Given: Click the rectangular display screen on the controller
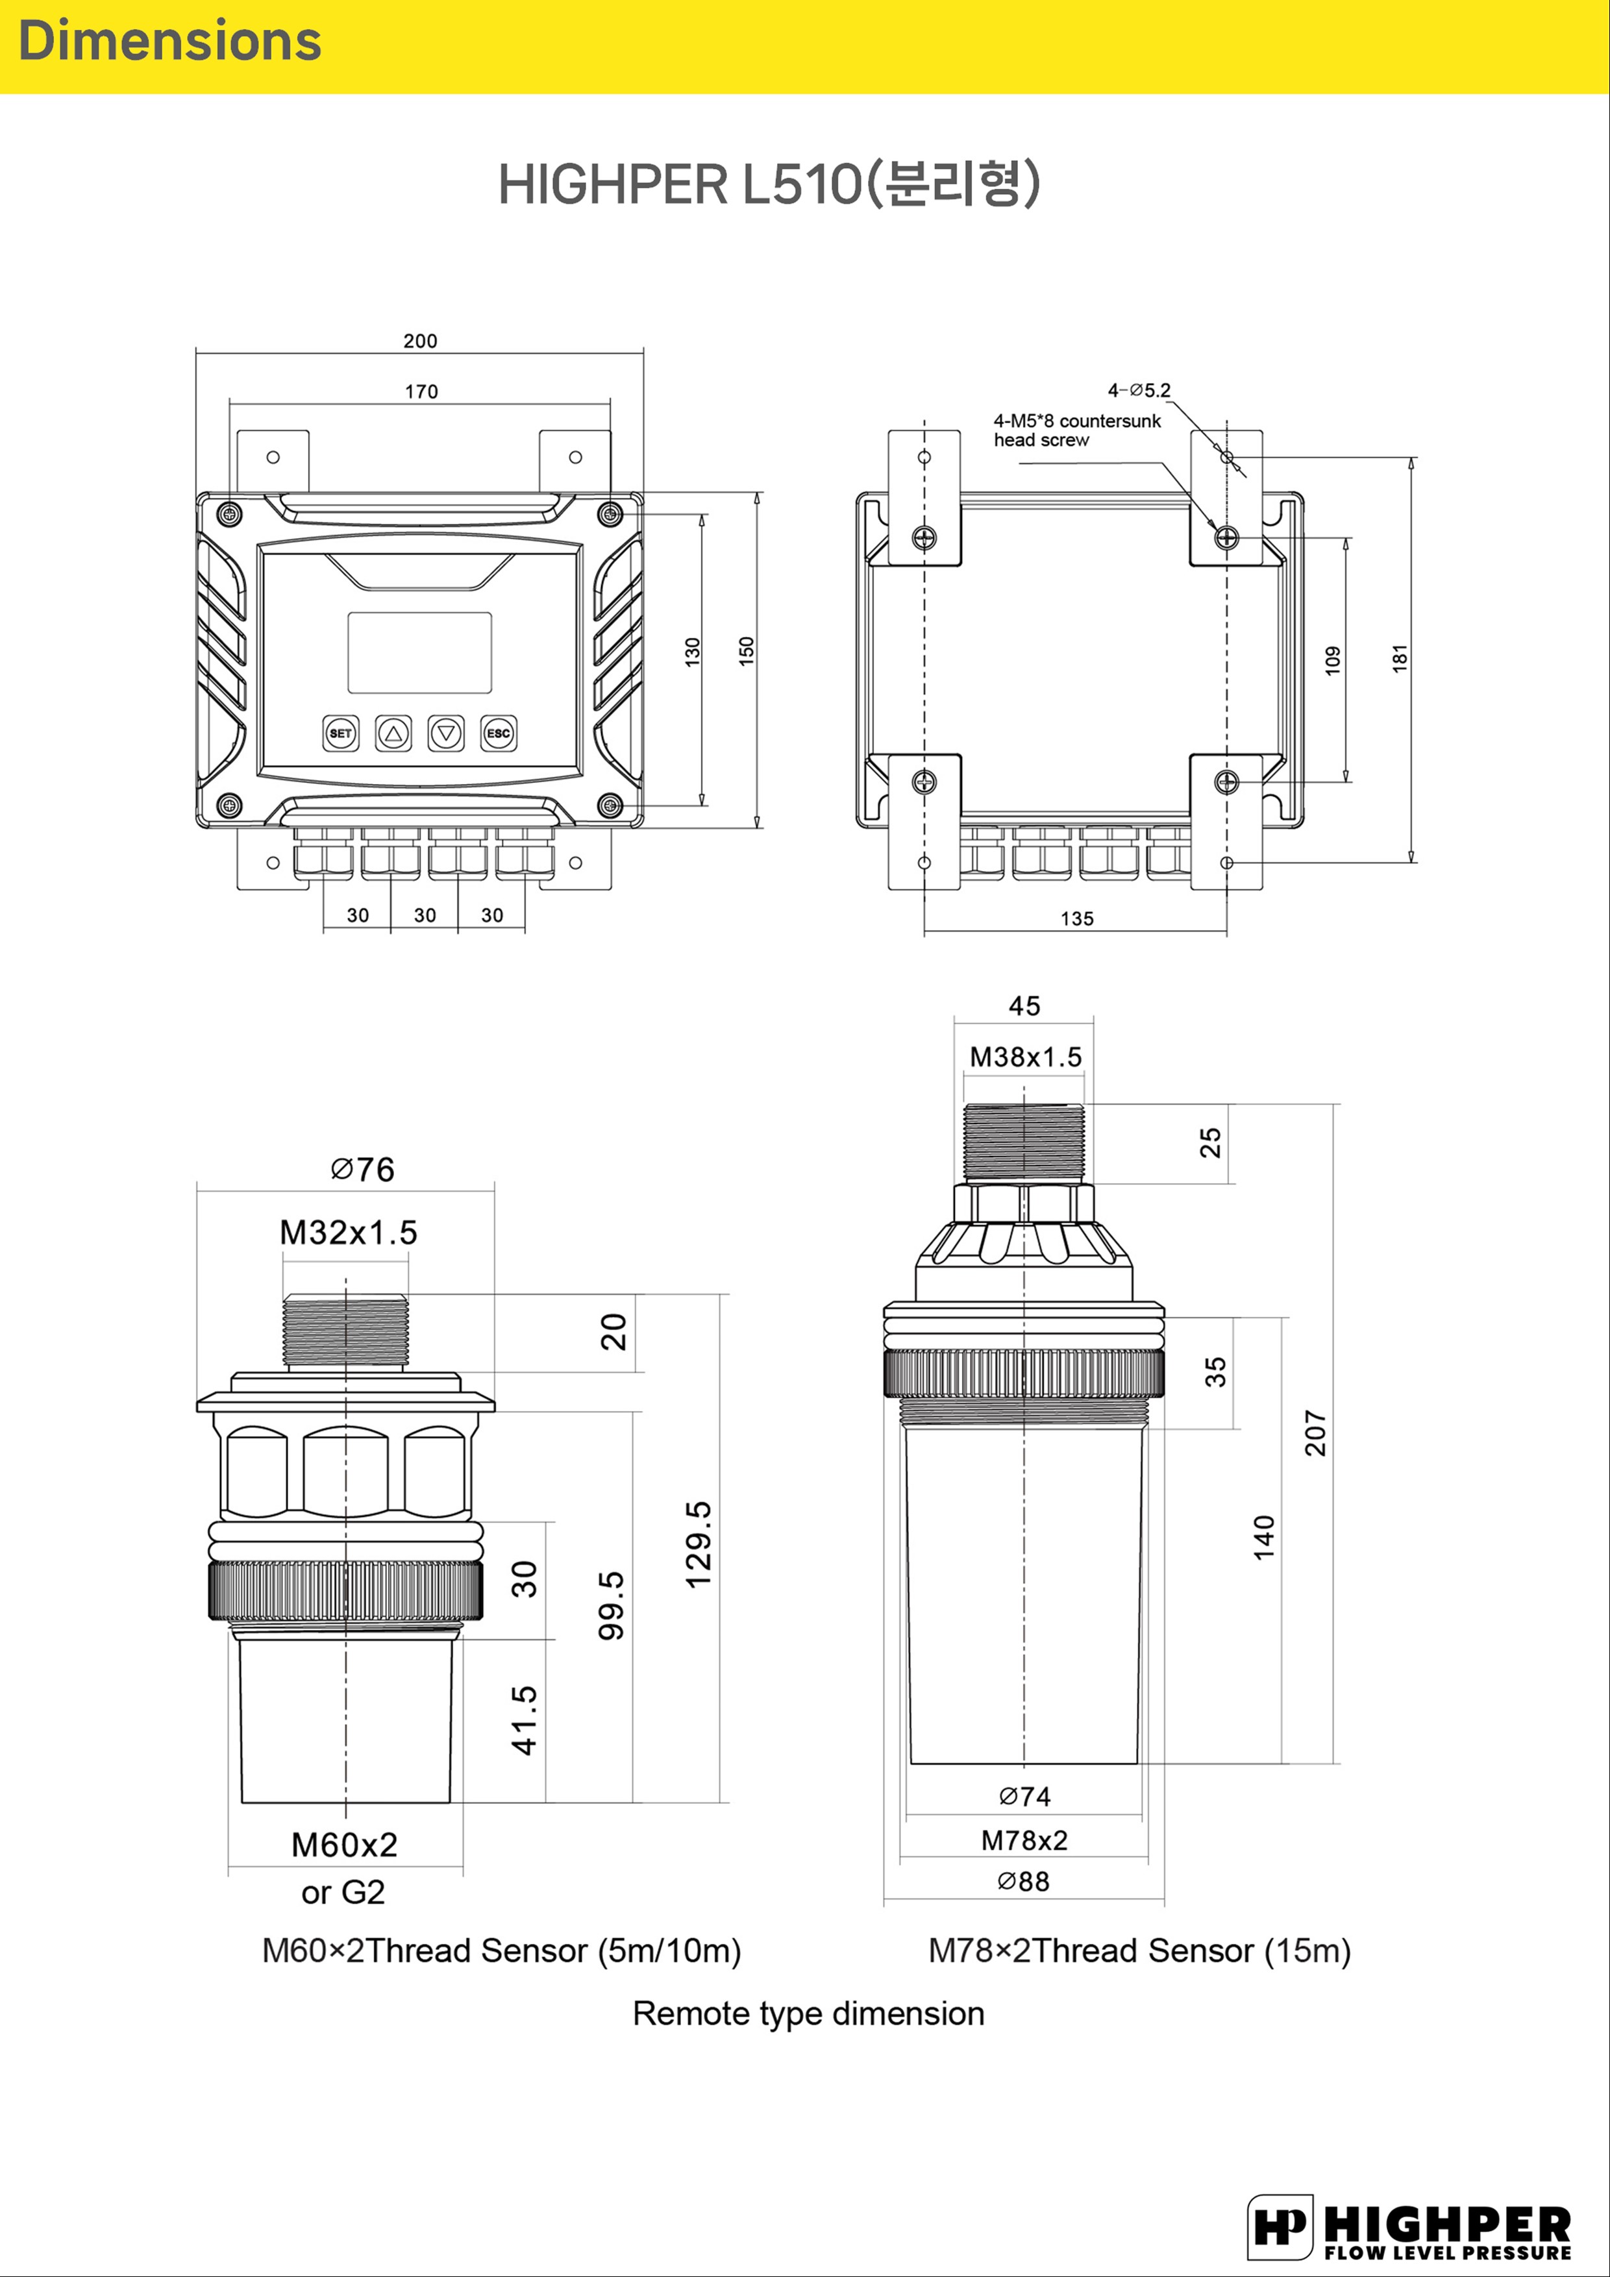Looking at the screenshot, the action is pyautogui.click(x=419, y=652).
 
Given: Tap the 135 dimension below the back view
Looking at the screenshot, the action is pyautogui.click(x=1077, y=918).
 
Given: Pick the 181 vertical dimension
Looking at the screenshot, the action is pyautogui.click(x=1400, y=659).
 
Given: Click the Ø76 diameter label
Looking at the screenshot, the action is pyautogui.click(x=363, y=1169).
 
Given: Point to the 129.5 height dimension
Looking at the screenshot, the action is pyautogui.click(x=699, y=1544).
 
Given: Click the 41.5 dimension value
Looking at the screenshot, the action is pyautogui.click(x=525, y=1719).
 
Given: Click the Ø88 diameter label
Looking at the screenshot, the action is pyautogui.click(x=1024, y=1881).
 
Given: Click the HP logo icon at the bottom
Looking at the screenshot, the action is pyautogui.click(x=1280, y=2228).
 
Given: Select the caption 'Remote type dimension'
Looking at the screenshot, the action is pyautogui.click(x=808, y=2014).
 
